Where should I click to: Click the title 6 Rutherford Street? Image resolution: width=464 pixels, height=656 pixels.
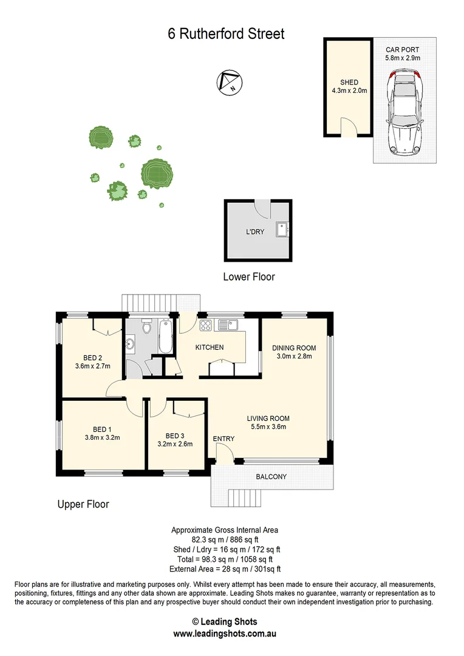pos(226,34)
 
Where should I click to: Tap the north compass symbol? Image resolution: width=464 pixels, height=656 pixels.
pos(230,82)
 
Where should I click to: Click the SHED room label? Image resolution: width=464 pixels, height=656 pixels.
pos(349,82)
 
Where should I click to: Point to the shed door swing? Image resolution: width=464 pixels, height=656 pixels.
pos(349,126)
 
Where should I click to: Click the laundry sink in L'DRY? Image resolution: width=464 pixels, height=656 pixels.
pos(282,230)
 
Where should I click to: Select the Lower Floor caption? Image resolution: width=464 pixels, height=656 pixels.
pos(249,277)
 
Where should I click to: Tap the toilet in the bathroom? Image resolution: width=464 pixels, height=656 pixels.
pos(146,328)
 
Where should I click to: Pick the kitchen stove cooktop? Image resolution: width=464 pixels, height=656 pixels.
pos(205,326)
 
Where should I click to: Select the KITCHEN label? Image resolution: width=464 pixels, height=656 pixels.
pos(210,347)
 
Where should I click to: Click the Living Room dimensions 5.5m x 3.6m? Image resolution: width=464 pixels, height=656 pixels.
pos(268,426)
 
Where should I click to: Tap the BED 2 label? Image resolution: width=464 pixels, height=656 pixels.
pos(92,358)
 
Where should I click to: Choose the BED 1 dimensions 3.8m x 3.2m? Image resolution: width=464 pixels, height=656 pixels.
pos(102,437)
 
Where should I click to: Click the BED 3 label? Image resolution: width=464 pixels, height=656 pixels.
pos(175,436)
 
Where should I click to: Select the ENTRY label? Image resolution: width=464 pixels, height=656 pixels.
pos(223,439)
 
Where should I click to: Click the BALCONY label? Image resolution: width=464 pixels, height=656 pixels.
pos(271,477)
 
